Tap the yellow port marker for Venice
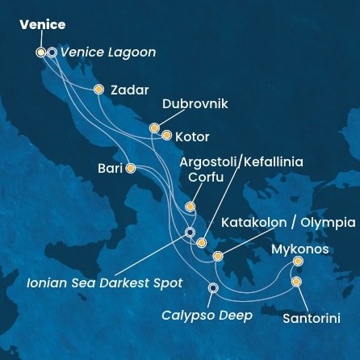click(41, 52)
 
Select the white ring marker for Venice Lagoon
click(52, 52)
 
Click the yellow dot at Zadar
click(98, 90)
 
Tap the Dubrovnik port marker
click(154, 128)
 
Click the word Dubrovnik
click(195, 104)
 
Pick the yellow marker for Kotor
click(167, 136)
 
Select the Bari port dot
click(131, 168)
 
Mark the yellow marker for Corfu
click(190, 207)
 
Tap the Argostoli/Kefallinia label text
click(241, 161)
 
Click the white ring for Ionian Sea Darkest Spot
click(190, 232)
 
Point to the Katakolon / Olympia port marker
click(218, 257)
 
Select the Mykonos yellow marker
click(298, 261)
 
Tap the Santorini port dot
click(296, 282)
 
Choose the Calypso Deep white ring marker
click(213, 287)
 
